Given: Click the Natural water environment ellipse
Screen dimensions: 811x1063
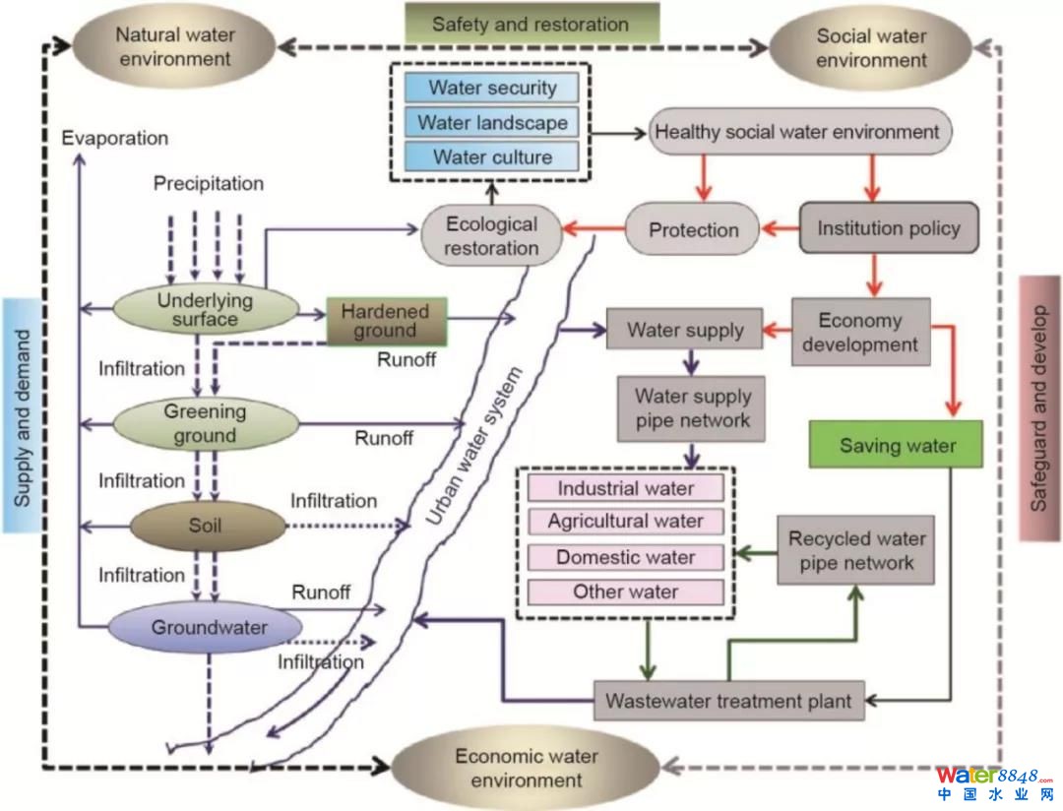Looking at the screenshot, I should click(x=176, y=46).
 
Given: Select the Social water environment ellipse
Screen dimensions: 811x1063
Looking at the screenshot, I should click(x=871, y=47).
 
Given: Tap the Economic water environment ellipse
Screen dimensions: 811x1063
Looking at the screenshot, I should click(x=526, y=768).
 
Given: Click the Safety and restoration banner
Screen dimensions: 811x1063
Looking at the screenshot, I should click(x=531, y=24).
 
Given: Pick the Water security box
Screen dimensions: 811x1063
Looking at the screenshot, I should click(x=492, y=88).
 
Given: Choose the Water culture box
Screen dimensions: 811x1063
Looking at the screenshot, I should click(x=492, y=156).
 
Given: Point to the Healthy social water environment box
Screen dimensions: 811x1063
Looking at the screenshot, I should click(x=797, y=132).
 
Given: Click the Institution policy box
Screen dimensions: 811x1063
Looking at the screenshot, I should click(x=888, y=228).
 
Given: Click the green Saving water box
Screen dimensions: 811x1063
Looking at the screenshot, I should click(x=897, y=445).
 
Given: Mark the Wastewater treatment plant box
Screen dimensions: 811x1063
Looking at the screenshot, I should click(x=728, y=702).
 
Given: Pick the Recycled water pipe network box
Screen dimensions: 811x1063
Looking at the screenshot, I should click(x=855, y=551).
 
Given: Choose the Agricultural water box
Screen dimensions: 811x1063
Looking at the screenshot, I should click(x=626, y=522).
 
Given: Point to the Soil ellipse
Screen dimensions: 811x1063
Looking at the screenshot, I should click(x=206, y=525).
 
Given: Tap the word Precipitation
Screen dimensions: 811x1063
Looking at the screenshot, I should click(x=209, y=184).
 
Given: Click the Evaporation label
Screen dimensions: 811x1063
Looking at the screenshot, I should click(x=114, y=139).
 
